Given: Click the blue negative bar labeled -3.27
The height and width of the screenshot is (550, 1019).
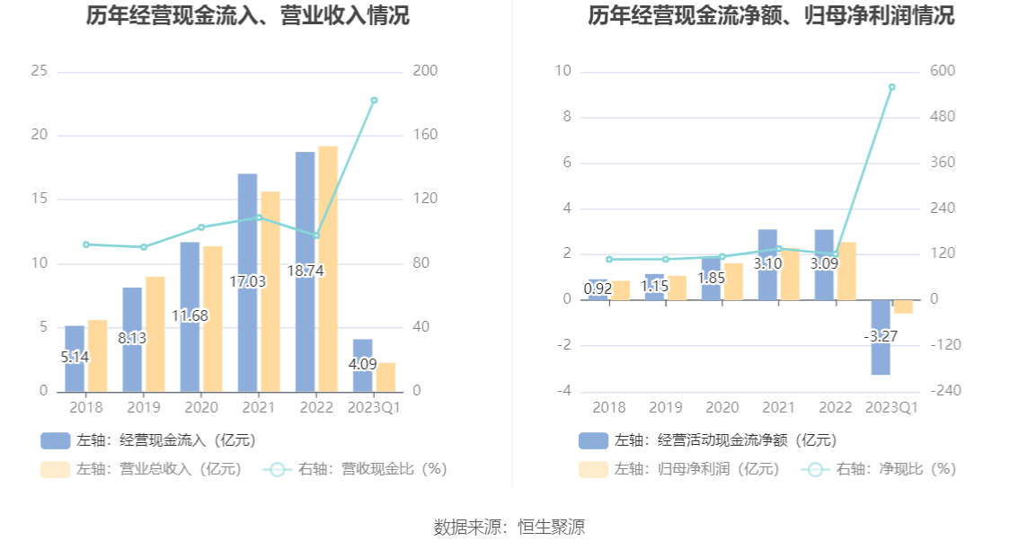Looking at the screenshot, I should [x=881, y=355].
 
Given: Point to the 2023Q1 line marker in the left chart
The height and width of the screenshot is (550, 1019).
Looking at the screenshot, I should [x=374, y=101].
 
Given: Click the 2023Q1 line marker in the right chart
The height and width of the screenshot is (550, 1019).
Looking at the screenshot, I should [x=891, y=87].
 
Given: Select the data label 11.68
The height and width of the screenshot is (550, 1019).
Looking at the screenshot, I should [x=190, y=315].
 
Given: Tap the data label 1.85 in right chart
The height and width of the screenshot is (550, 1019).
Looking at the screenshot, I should [x=711, y=279].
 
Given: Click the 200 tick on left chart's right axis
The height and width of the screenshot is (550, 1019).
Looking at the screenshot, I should [x=425, y=71].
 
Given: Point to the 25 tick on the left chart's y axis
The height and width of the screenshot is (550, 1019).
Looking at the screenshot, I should [x=39, y=71].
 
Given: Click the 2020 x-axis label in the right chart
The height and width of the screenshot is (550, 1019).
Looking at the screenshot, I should [x=722, y=407].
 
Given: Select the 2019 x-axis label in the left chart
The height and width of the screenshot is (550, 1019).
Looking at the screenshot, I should [x=143, y=407].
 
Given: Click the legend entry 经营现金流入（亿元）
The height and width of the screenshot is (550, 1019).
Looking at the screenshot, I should [x=148, y=440].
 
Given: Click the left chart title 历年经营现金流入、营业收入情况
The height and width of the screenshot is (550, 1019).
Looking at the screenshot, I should [x=247, y=16].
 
